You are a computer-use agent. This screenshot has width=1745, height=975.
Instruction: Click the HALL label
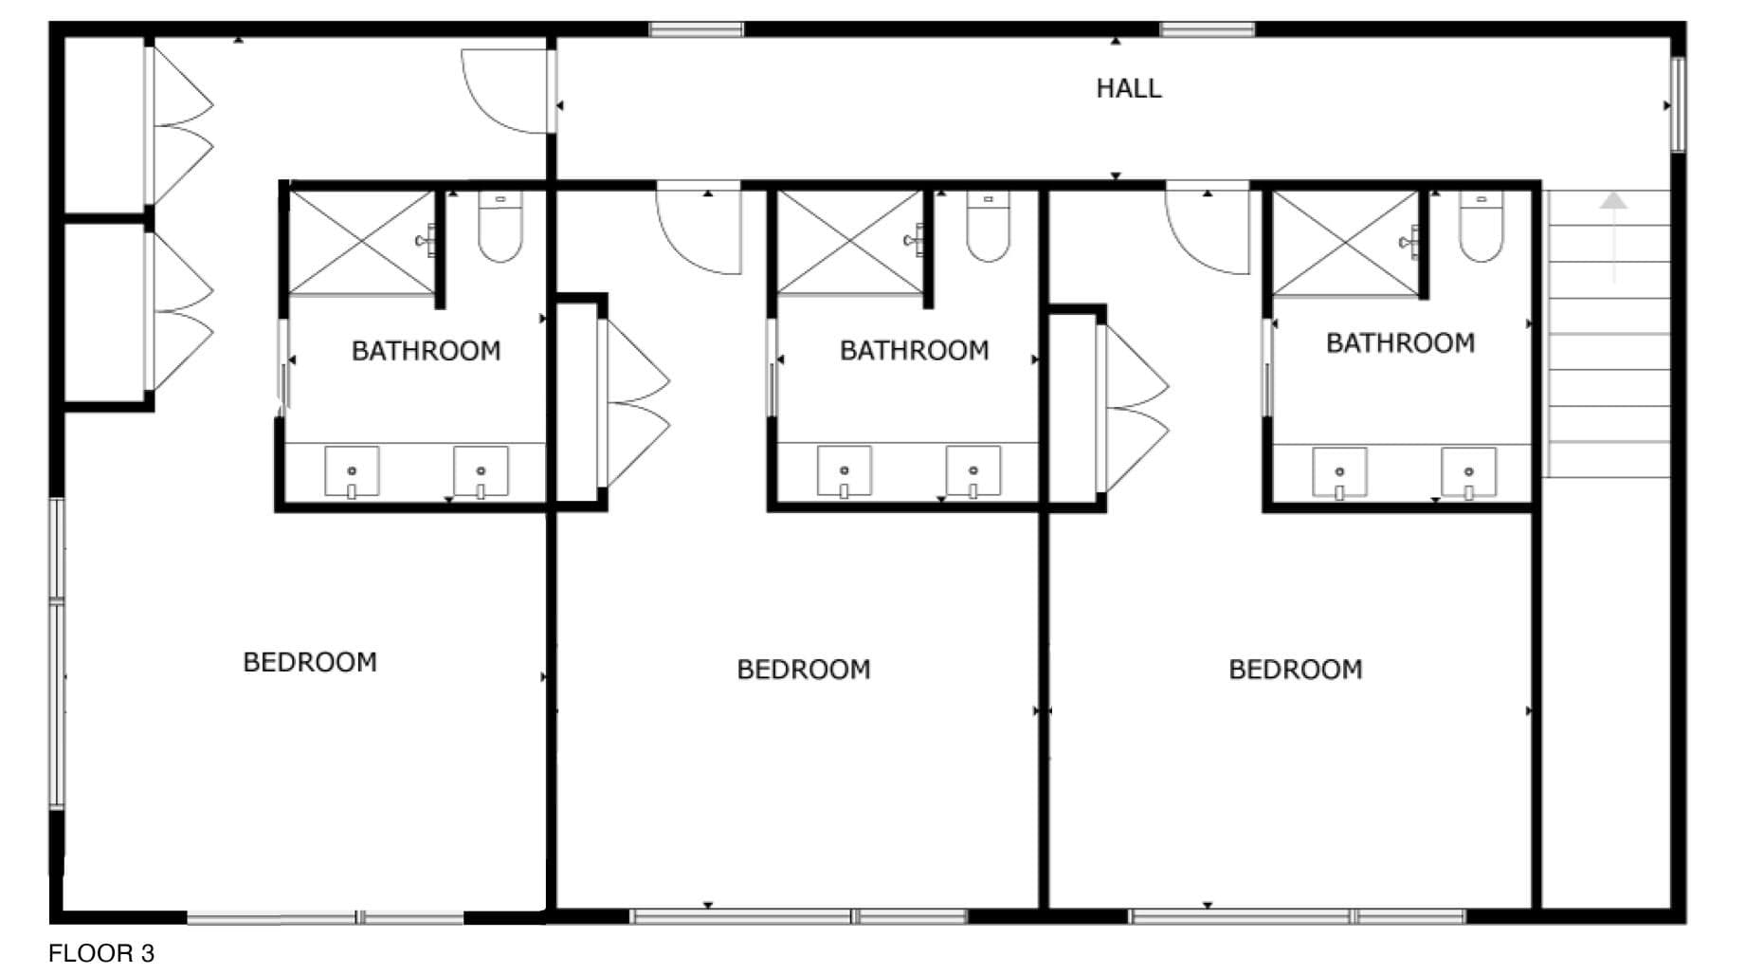pos(1128,88)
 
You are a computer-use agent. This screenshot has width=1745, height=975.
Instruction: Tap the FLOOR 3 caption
pos(100,953)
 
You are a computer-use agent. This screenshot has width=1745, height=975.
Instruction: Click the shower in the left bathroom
pos(361,242)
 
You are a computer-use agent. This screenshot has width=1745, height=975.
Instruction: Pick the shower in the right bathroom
pos(1345,243)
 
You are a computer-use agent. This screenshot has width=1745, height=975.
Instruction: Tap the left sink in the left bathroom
pos(352,471)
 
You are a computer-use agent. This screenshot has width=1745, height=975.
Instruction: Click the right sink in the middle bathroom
pos(973,471)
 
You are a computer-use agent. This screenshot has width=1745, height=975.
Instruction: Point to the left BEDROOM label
pos(310,662)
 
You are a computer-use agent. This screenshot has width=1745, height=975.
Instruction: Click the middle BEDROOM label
pos(804,670)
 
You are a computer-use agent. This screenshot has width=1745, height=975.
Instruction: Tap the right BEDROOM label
pos(1296,670)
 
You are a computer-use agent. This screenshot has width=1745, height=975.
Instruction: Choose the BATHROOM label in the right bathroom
pos(1400,342)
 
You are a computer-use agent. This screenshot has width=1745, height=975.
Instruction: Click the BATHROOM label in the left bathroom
pos(427,351)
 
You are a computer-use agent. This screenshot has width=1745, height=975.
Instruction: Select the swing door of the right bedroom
pos(1209,228)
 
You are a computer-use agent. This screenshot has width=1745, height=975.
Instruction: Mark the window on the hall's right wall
pos(1677,104)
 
